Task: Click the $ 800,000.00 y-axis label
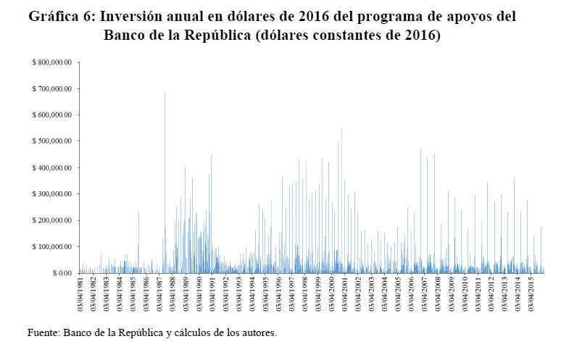[x=51, y=63]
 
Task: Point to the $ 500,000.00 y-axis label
[x=51, y=141]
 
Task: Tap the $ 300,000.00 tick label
[x=51, y=194]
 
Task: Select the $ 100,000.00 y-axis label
[x=51, y=247]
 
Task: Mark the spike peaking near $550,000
[x=341, y=130]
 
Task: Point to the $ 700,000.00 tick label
[x=51, y=89]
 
